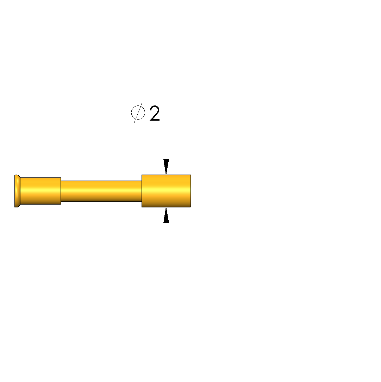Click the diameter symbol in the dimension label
pyautogui.click(x=138, y=113)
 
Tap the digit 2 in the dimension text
pyautogui.click(x=155, y=113)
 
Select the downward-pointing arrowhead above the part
pyautogui.click(x=166, y=166)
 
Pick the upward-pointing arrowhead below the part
pyautogui.click(x=166, y=215)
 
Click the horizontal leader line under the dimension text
pyautogui.click(x=143, y=125)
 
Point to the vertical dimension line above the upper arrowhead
pyautogui.click(x=166, y=142)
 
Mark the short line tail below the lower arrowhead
pyautogui.click(x=166, y=227)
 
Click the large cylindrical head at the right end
pyautogui.click(x=166, y=191)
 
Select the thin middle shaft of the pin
pyautogui.click(x=101, y=191)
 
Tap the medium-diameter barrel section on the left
pyautogui.click(x=40, y=191)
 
